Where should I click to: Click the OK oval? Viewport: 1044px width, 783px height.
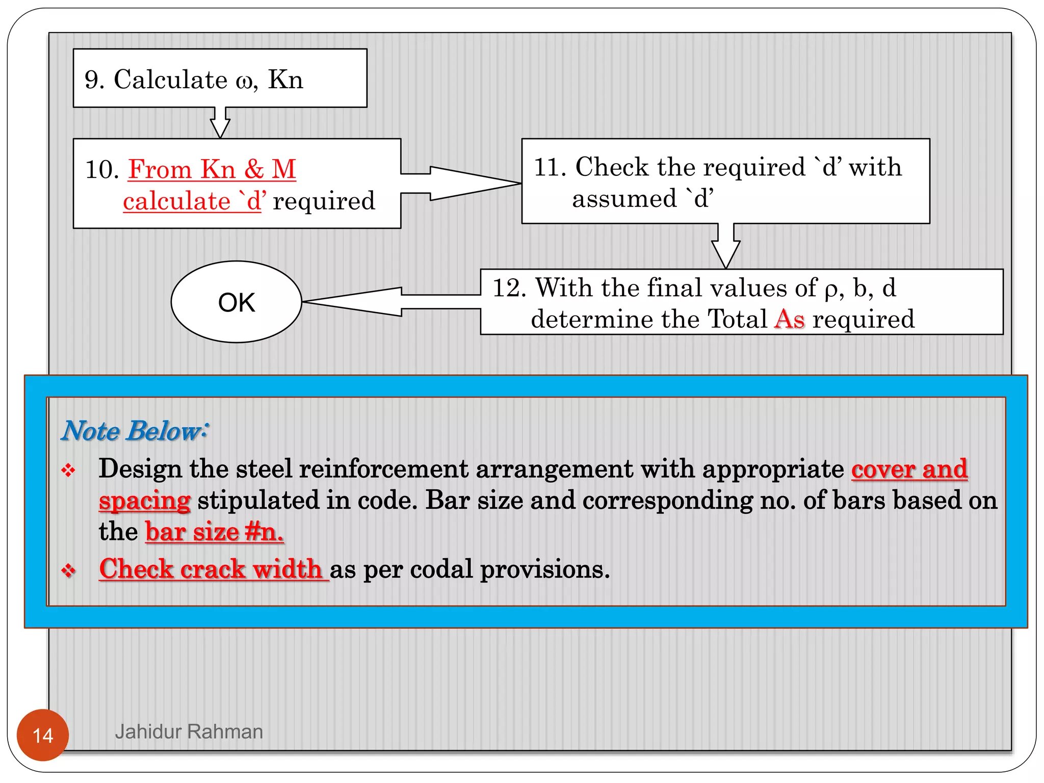click(x=236, y=302)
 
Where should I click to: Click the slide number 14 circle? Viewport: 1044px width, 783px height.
click(x=43, y=735)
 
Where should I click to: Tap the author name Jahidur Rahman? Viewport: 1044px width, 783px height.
click(x=189, y=732)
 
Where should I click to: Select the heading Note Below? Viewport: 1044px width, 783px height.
click(x=135, y=431)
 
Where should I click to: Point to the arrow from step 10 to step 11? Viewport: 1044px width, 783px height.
click(x=459, y=183)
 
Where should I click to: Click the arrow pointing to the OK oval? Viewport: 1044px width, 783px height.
click(x=387, y=302)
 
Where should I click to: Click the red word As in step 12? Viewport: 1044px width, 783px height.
click(x=789, y=320)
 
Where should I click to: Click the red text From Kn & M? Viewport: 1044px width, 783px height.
click(x=212, y=169)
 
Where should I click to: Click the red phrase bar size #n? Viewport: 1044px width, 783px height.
click(x=214, y=532)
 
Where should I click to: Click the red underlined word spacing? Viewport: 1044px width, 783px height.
click(x=145, y=501)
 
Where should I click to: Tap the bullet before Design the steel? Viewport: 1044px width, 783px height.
click(x=68, y=470)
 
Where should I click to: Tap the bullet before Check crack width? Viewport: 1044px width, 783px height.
click(x=68, y=570)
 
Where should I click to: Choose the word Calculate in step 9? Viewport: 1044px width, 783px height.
click(x=170, y=80)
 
